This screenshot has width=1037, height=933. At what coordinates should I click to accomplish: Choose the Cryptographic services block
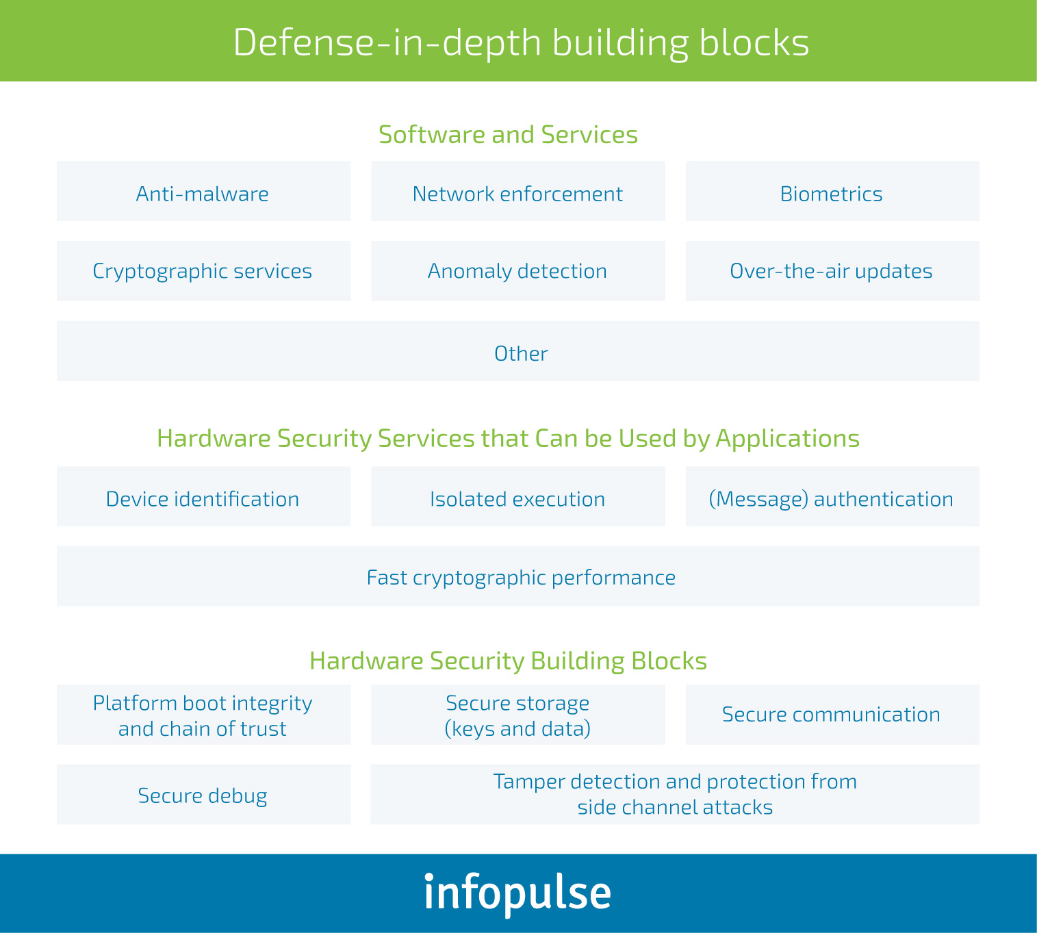(203, 271)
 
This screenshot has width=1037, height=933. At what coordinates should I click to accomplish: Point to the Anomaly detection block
(517, 271)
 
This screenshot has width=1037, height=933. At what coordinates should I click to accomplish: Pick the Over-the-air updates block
(832, 271)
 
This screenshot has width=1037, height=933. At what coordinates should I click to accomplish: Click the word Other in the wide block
(521, 353)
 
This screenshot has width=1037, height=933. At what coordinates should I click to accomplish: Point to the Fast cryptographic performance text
(521, 577)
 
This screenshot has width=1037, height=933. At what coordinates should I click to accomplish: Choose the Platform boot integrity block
(203, 715)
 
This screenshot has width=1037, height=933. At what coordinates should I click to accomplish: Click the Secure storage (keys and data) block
(517, 715)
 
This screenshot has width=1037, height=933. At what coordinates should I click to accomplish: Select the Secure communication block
(832, 714)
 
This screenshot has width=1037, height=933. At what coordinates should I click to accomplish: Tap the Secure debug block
(203, 795)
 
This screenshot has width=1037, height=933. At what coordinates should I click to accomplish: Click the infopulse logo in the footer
(517, 893)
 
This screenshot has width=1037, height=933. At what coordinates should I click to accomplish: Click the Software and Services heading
(508, 134)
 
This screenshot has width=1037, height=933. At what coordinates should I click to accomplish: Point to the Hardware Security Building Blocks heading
(508, 661)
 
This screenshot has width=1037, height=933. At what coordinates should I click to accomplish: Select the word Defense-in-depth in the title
(387, 42)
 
